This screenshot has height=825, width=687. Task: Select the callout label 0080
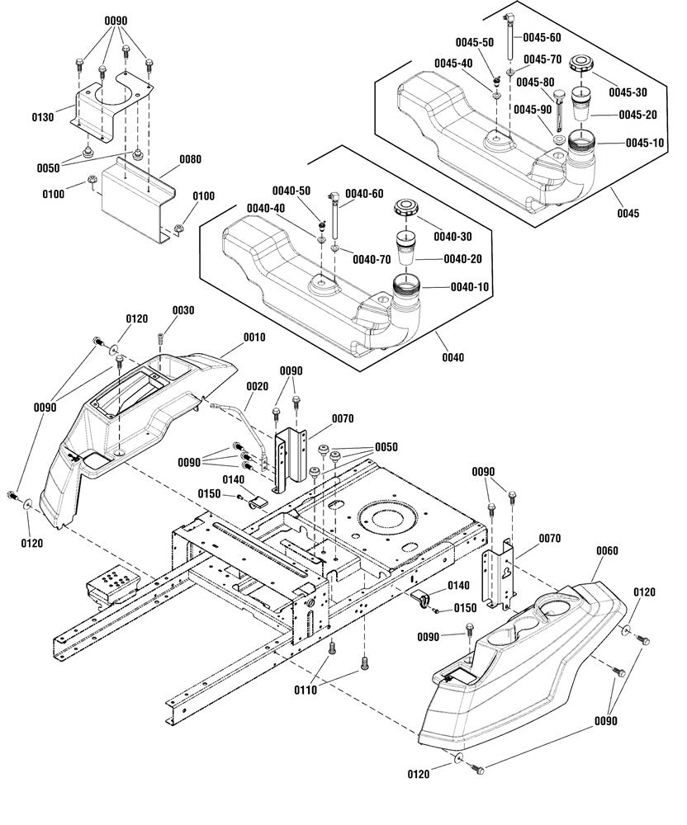coord(190,159)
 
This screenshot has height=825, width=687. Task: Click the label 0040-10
coord(470,286)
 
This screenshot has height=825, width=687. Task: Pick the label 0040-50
coord(293,191)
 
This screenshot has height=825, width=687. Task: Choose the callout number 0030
coord(183,309)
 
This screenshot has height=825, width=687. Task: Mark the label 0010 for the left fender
coord(254,337)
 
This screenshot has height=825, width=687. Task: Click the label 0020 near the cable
coord(257,386)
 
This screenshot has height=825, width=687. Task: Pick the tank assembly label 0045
coord(627,213)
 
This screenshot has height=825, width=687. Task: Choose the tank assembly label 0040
coord(452,357)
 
